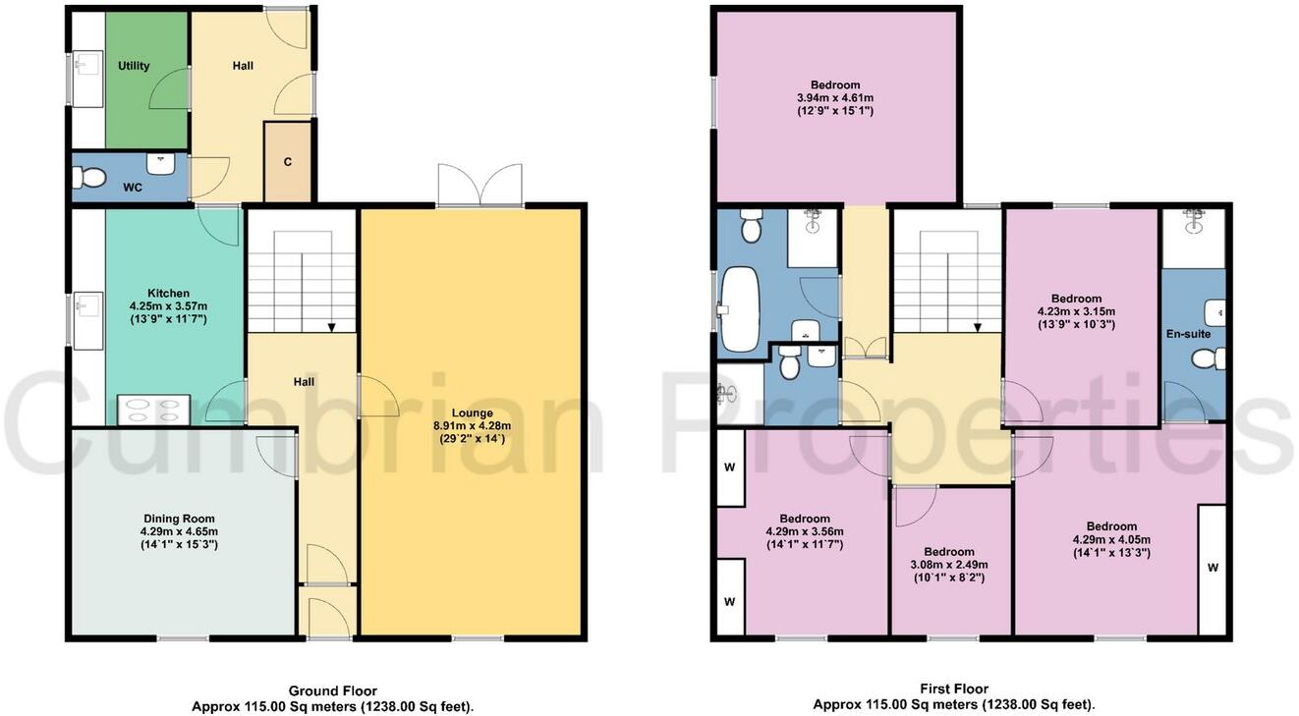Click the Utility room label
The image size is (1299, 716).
point(134,66)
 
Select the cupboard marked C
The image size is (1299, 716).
point(288,163)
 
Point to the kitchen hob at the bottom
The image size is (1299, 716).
point(154,409)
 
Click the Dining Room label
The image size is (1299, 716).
point(179,519)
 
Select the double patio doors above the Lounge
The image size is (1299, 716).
point(480,185)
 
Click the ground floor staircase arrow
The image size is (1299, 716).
point(332,328)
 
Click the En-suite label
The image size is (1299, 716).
point(1190,334)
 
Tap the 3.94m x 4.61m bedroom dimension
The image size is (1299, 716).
point(835,98)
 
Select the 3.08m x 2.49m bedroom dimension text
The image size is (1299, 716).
point(949,565)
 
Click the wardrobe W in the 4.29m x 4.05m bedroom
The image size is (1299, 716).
point(1213,567)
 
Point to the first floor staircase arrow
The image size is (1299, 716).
point(978,328)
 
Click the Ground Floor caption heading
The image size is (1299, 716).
point(332,690)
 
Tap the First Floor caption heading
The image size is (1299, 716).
point(955,688)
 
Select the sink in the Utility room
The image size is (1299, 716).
point(85,67)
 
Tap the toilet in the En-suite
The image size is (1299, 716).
point(1204,360)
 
